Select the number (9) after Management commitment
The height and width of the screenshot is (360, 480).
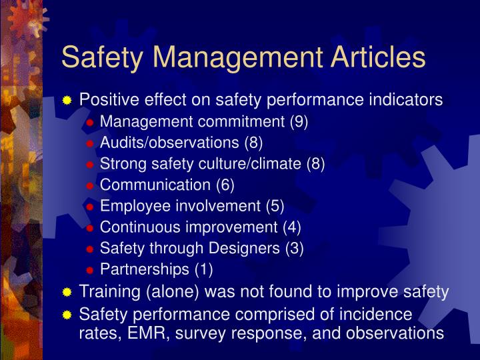pyautogui.click(x=298, y=122)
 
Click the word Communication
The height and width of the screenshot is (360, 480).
pyautogui.click(x=155, y=185)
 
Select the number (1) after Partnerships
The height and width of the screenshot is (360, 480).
pyautogui.click(x=203, y=270)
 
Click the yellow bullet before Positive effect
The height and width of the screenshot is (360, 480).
pyautogui.click(x=67, y=101)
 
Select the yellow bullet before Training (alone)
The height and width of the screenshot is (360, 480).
pyautogui.click(x=67, y=293)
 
